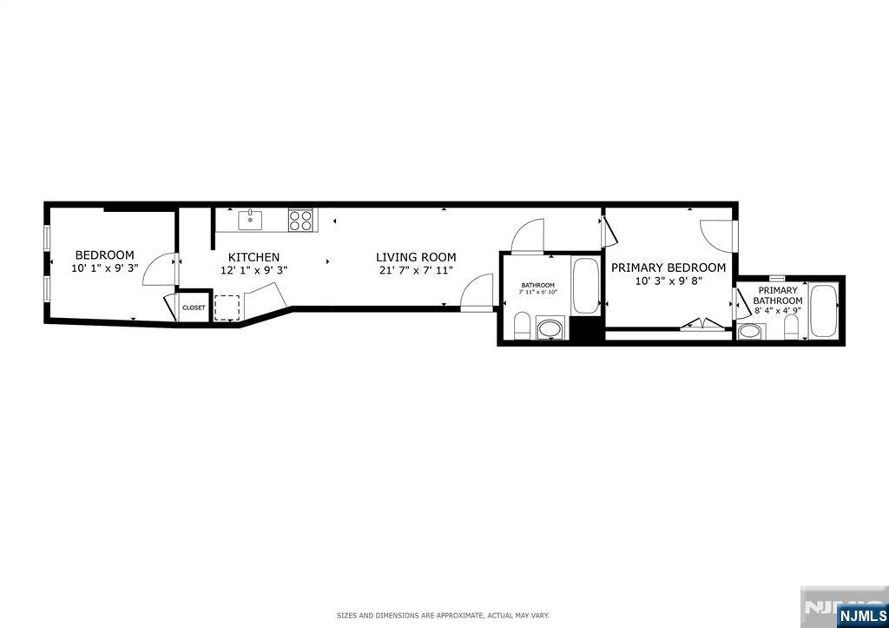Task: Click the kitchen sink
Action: coord(251,219)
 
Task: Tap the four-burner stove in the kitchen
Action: coord(301,220)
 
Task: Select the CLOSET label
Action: coord(194,307)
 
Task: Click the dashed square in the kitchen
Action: coord(227,308)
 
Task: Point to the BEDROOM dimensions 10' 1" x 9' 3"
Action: coord(104,269)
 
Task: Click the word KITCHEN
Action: coord(254,257)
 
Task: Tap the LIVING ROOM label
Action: coord(416,257)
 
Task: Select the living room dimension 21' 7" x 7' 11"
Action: coord(416,270)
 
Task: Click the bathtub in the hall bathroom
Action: coord(585,285)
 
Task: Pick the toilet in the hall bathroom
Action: coord(523,326)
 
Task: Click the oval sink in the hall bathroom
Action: coord(550,329)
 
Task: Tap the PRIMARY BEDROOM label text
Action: coord(668,268)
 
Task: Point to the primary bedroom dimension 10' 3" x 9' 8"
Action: coord(668,281)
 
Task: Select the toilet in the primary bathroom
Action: coord(791,327)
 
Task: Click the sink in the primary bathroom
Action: coord(749,331)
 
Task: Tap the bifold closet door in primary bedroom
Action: coord(704,325)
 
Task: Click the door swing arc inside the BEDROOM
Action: coord(157,268)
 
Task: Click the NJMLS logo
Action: coord(862,615)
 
